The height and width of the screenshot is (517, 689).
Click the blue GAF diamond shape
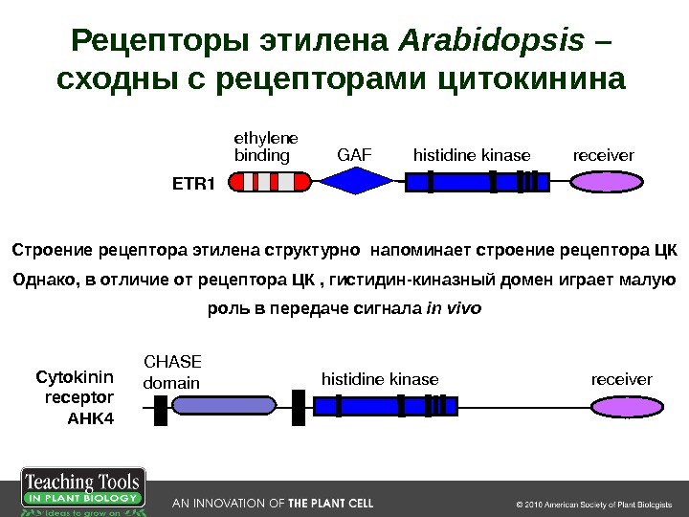pyautogui.click(x=354, y=180)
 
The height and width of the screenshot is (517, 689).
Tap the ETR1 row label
pyautogui.click(x=192, y=183)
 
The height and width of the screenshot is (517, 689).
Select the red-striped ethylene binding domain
pyautogui.click(x=273, y=181)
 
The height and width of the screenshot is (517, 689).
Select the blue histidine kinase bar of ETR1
pyautogui.click(x=478, y=181)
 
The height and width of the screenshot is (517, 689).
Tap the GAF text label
pyautogui.click(x=354, y=154)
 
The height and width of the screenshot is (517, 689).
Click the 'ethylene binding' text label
pyautogui.click(x=264, y=146)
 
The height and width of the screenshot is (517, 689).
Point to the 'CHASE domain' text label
pyautogui.click(x=172, y=372)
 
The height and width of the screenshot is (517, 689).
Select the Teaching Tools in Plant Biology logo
pyautogui.click(x=82, y=492)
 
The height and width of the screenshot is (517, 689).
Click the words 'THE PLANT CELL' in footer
pyautogui.click(x=331, y=503)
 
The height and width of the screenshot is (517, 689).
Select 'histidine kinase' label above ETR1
pyautogui.click(x=471, y=154)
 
